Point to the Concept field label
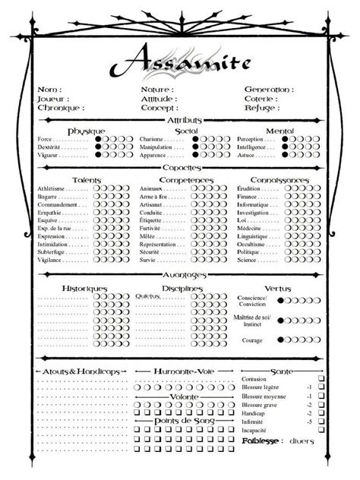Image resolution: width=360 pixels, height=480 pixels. pos(157,108)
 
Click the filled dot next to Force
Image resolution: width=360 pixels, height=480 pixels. pos(99,140)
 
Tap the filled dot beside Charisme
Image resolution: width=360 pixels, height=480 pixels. pos(194,140)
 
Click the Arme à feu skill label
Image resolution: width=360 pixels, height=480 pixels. pos(154,196)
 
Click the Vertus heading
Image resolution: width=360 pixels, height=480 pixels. pos(278,289)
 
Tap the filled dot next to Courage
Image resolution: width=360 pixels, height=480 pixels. pos(281,339)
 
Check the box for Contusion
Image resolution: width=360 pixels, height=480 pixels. pos(321,377)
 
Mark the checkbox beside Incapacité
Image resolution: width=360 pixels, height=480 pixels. pos(321,430)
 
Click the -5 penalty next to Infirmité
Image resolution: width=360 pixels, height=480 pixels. pos(309,421)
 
